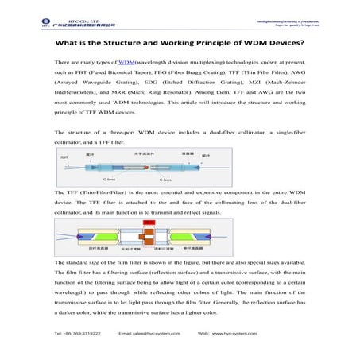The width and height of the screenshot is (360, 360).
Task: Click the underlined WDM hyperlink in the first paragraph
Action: [125, 61]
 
